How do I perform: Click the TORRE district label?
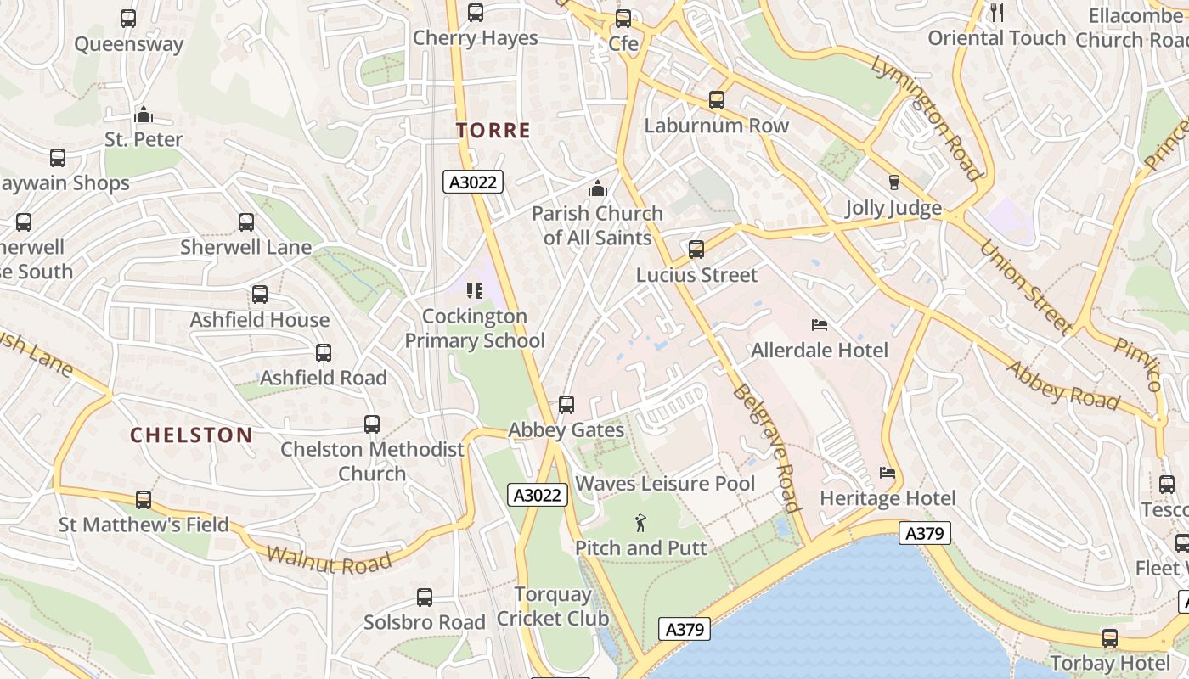[x=493, y=131]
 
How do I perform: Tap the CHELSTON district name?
[x=191, y=435]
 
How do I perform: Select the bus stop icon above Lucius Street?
[x=696, y=250]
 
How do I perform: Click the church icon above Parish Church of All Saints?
[x=598, y=188]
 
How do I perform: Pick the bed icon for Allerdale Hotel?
[x=820, y=325]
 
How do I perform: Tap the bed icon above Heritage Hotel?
[x=888, y=473]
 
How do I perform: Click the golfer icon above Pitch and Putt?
[x=640, y=523]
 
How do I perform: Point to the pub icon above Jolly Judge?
[x=893, y=182]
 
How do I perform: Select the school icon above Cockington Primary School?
[x=475, y=291]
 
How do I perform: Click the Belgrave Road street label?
[x=767, y=448]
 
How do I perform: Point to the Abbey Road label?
[x=1062, y=384]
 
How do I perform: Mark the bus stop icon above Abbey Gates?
[x=566, y=405]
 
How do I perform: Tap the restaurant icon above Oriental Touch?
[x=997, y=13]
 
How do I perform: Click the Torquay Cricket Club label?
[x=553, y=606]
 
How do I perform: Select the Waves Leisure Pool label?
[x=665, y=484]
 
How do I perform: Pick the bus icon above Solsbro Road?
[x=425, y=598]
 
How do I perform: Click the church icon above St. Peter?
[x=144, y=115]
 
